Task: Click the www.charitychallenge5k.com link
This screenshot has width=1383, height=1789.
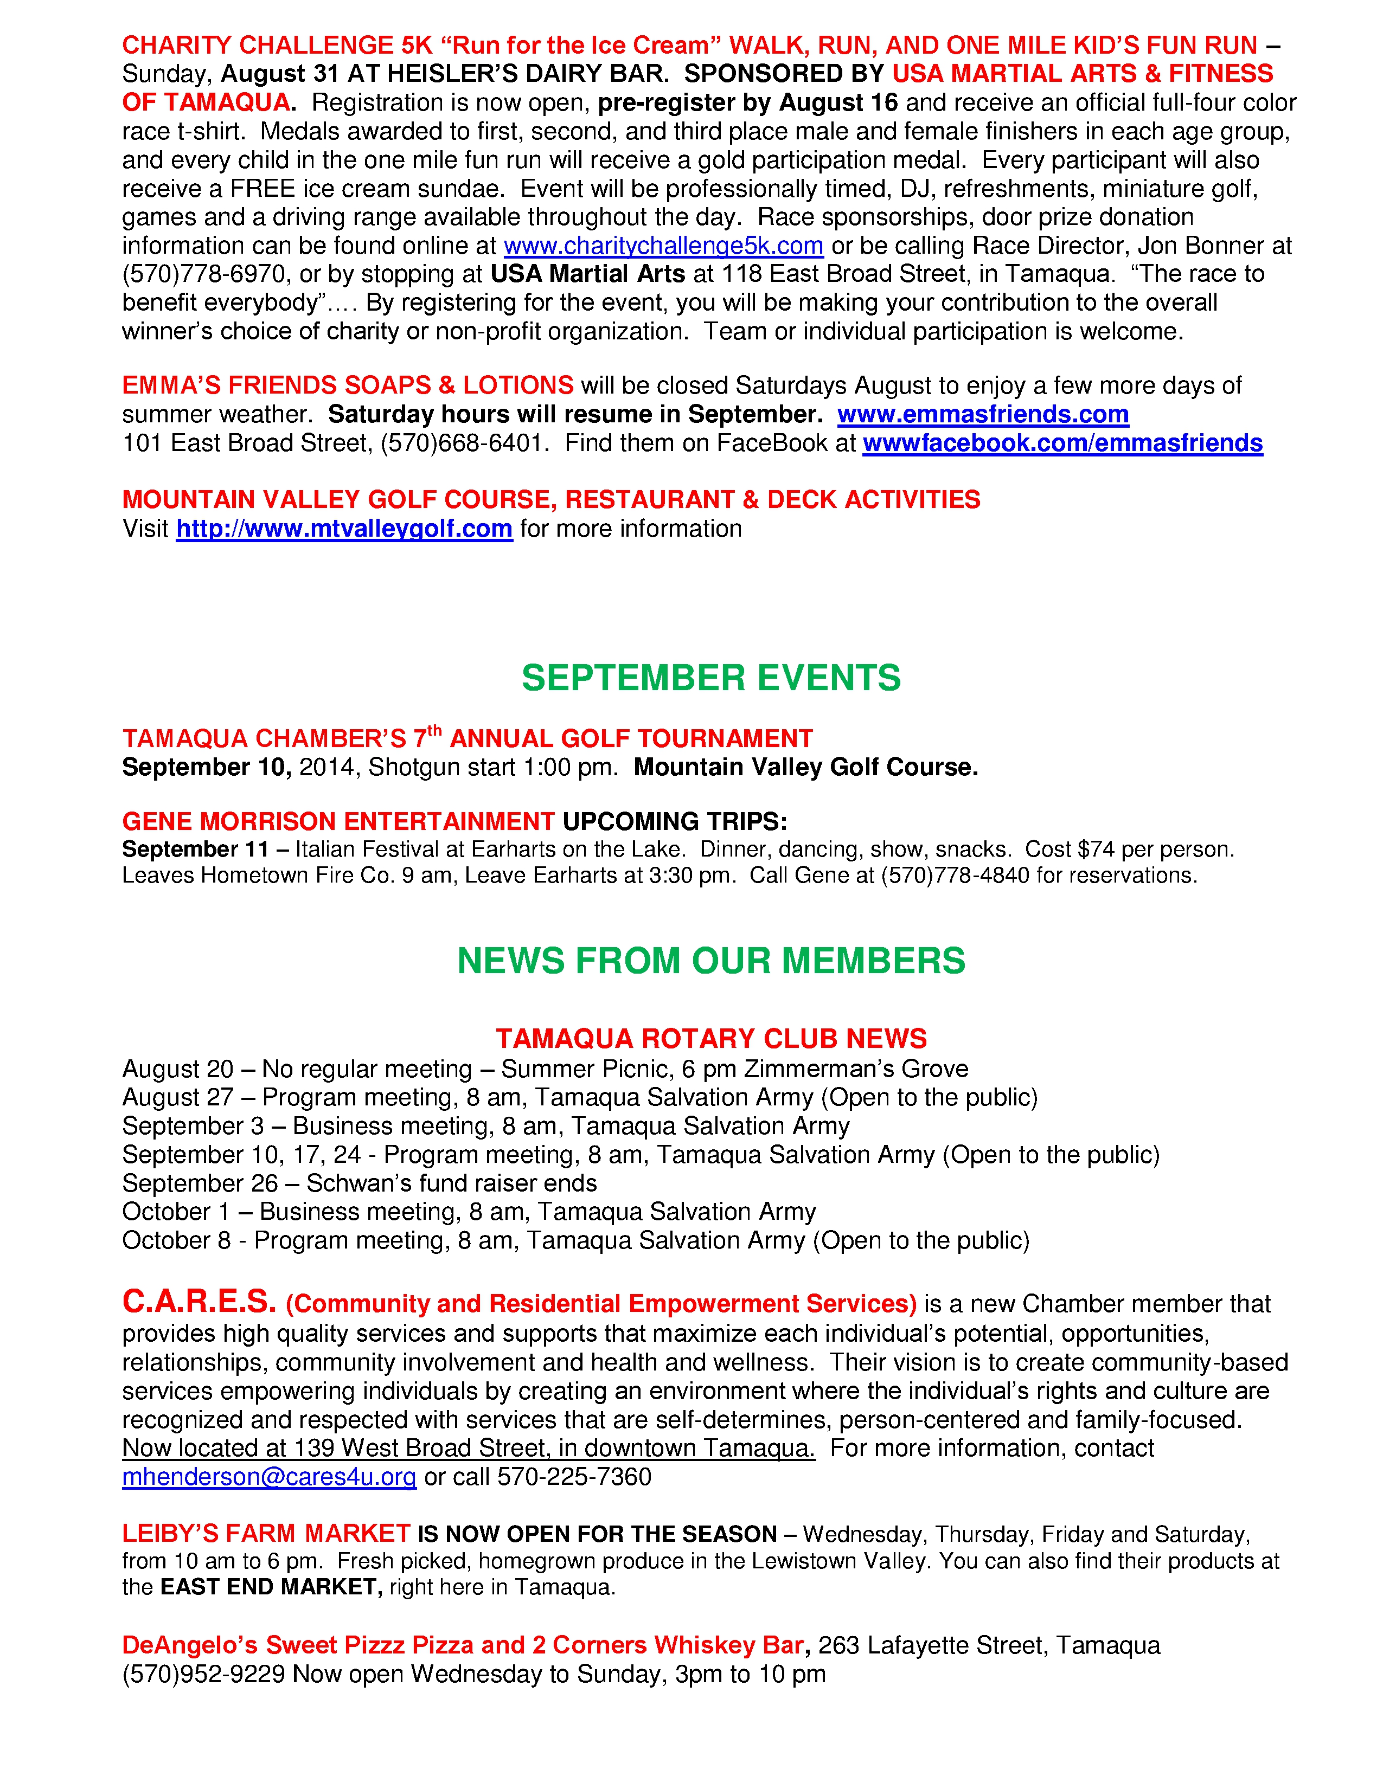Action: coord(663,246)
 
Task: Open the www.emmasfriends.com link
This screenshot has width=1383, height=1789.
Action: coord(982,415)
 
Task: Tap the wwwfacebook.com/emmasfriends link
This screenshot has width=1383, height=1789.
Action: coord(1062,443)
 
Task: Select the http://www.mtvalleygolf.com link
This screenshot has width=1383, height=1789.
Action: coord(344,529)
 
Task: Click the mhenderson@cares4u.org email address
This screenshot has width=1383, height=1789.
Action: coord(268,1477)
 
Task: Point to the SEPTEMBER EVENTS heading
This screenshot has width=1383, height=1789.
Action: coord(710,678)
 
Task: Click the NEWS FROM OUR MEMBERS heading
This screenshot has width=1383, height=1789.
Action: coord(710,961)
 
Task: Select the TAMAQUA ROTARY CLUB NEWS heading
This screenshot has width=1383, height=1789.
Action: coord(710,1039)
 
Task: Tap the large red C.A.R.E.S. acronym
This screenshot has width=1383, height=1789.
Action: coord(199,1302)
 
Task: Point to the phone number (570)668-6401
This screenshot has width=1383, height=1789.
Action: coord(463,443)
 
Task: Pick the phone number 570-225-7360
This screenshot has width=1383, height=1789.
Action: coord(574,1477)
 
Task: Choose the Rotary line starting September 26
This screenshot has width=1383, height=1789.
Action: coord(359,1183)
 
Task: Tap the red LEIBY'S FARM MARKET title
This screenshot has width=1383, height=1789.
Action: coord(265,1534)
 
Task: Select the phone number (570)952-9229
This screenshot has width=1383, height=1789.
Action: coord(204,1674)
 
